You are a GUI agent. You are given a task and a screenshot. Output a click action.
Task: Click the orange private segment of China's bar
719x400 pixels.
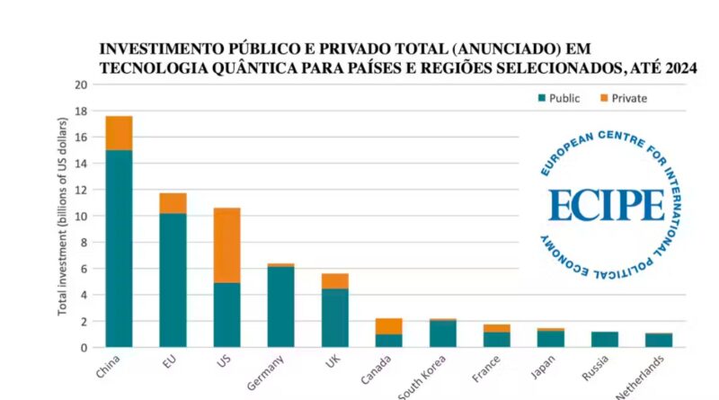click(x=119, y=133)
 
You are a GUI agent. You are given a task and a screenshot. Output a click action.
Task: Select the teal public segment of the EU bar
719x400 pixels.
click(x=173, y=280)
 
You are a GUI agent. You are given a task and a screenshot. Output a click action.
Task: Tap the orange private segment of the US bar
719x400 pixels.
click(x=226, y=245)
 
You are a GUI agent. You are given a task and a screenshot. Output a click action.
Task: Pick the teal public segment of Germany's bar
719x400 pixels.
click(x=280, y=307)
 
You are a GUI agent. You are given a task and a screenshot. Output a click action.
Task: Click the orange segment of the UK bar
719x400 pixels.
click(x=334, y=280)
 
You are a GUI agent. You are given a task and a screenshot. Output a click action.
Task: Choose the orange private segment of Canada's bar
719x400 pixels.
click(x=388, y=325)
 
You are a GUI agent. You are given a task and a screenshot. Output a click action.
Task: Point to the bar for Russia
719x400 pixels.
click(x=605, y=339)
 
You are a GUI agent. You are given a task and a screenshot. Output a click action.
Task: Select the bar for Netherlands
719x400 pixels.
click(x=659, y=340)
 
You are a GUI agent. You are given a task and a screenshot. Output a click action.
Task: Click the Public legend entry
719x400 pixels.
click(x=557, y=98)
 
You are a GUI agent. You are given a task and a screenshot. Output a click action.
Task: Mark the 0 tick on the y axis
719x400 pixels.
click(x=84, y=347)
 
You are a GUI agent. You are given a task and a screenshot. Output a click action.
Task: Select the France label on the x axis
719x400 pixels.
click(x=486, y=370)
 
